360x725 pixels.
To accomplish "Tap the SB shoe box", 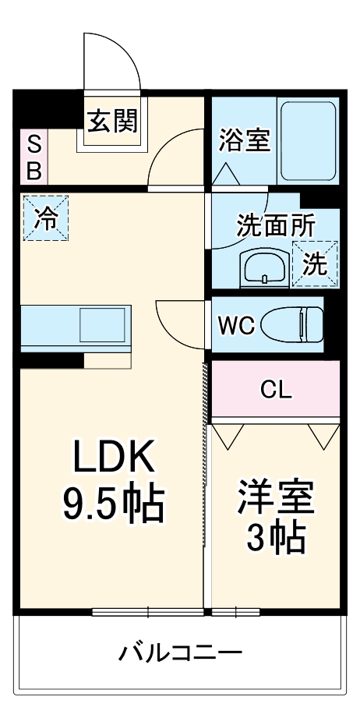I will coord(34,158).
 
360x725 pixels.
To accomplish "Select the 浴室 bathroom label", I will coord(244,141).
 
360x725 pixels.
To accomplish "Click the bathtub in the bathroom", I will coord(308,140).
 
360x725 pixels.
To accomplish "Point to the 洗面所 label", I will coord(276,225).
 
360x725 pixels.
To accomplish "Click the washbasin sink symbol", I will coord(265,270).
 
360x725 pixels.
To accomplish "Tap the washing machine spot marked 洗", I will coord(316,263).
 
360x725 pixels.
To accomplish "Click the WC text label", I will coord(236,324).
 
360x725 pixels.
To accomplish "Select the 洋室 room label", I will coord(276,498).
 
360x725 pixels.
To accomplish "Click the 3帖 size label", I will coord(276,537).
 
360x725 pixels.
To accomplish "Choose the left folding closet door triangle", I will coord(229,435).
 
